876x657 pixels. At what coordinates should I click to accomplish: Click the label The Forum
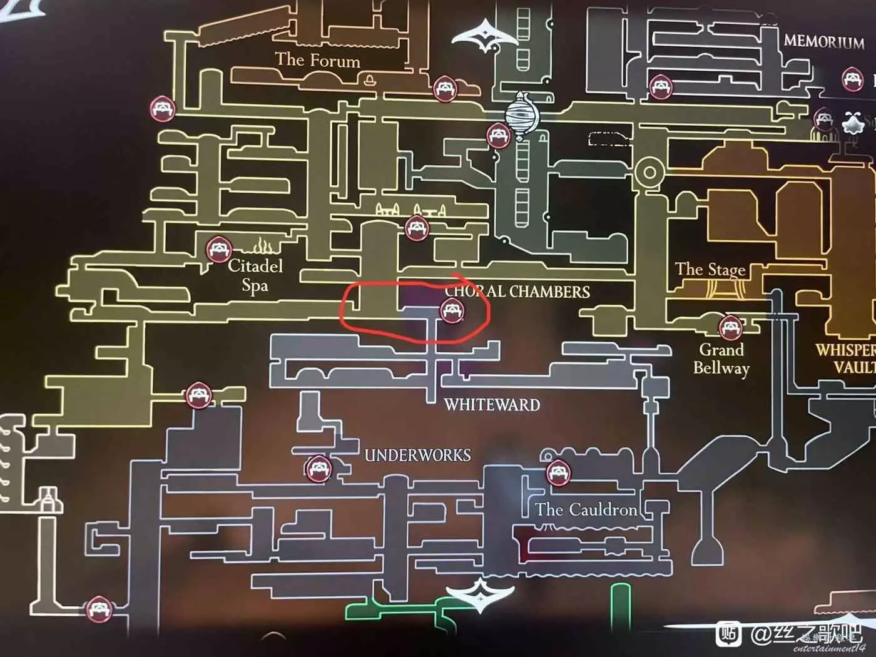coord(318,60)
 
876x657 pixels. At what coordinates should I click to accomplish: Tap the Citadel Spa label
coord(255,275)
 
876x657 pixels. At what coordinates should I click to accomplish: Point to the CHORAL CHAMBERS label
coord(517,292)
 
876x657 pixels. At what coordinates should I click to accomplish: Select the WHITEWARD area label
coord(492,405)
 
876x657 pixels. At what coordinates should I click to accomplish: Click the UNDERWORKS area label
coord(417,455)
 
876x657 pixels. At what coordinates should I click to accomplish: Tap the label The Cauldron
coord(586,509)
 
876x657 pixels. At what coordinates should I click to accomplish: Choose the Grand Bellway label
coord(721,359)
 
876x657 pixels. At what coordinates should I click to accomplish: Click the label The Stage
coord(710,270)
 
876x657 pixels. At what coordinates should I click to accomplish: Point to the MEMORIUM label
coord(823,41)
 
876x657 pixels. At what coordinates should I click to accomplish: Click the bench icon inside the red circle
coord(452,310)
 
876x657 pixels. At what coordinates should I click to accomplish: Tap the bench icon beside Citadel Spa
coord(218,250)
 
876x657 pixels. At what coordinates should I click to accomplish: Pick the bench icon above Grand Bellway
coord(730,327)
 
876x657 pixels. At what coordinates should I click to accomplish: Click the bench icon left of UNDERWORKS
coord(318,467)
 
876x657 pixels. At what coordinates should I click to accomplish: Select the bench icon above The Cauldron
coord(558,472)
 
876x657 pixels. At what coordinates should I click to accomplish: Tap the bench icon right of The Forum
coord(444,88)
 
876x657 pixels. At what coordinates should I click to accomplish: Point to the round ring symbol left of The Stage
coord(649,171)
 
